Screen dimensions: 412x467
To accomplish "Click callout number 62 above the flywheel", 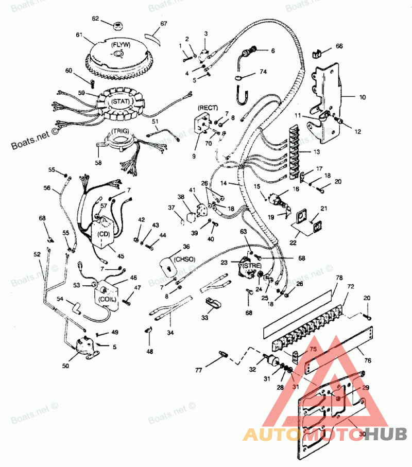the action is pyautogui.click(x=95, y=19).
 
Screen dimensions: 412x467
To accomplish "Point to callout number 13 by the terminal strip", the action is pyautogui.click(x=316, y=152).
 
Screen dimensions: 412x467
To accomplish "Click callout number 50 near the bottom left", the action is pyautogui.click(x=65, y=366).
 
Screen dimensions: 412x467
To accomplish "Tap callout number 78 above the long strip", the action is pyautogui.click(x=339, y=279).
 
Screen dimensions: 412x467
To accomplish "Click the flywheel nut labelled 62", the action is pyautogui.click(x=117, y=25).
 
